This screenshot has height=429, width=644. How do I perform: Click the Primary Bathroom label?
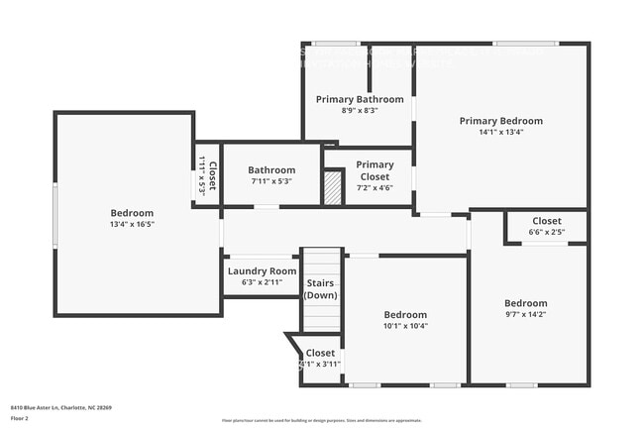tap(360, 99)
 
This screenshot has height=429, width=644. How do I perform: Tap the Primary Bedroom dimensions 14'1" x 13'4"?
tap(500, 132)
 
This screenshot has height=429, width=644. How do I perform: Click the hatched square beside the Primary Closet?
tap(333, 188)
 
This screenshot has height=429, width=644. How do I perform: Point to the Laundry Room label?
tap(262, 270)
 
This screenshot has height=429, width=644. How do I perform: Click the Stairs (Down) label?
tap(321, 288)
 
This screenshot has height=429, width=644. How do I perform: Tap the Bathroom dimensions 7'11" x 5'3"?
tap(271, 181)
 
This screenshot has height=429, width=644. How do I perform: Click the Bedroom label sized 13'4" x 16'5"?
tap(132, 213)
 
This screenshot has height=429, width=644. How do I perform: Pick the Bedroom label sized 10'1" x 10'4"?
tap(405, 314)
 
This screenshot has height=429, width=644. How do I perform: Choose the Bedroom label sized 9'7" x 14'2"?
tap(525, 303)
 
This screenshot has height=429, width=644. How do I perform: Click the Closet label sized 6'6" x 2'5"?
tap(546, 221)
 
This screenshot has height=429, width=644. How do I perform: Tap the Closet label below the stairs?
tap(320, 353)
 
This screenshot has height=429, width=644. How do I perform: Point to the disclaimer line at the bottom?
tap(321, 421)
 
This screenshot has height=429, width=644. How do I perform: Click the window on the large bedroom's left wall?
tap(55, 213)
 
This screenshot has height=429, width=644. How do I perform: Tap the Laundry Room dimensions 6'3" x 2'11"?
tap(262, 282)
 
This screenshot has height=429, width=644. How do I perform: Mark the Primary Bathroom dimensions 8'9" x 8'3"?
tap(360, 111)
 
